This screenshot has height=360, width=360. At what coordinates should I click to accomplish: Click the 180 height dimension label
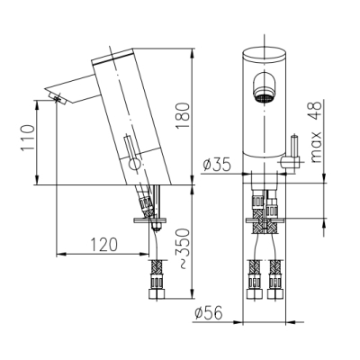183,116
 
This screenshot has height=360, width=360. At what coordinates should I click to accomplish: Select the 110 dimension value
28,139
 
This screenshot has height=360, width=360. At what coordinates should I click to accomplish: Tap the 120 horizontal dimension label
103,245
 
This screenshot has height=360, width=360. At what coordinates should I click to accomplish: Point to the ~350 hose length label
184,248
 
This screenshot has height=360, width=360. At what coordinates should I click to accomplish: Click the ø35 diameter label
217,165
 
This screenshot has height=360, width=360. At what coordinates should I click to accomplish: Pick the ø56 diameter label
209,313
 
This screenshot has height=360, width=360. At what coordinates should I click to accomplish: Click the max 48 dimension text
316,131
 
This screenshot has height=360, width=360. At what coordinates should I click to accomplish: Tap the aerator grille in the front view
264,98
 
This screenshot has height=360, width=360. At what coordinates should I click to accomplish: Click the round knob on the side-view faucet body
134,165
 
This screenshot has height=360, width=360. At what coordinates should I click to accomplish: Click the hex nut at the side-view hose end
157,293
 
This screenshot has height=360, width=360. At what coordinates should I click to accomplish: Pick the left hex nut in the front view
255,293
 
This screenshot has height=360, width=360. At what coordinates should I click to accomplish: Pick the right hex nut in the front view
275,293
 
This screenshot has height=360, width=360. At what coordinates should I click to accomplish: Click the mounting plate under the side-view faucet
149,220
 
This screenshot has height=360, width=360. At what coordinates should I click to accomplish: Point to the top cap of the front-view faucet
264,54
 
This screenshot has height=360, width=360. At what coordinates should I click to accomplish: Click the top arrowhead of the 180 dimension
192,51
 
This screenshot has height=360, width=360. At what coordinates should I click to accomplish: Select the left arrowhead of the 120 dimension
60,255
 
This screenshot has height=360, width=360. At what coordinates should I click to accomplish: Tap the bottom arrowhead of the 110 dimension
37,181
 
